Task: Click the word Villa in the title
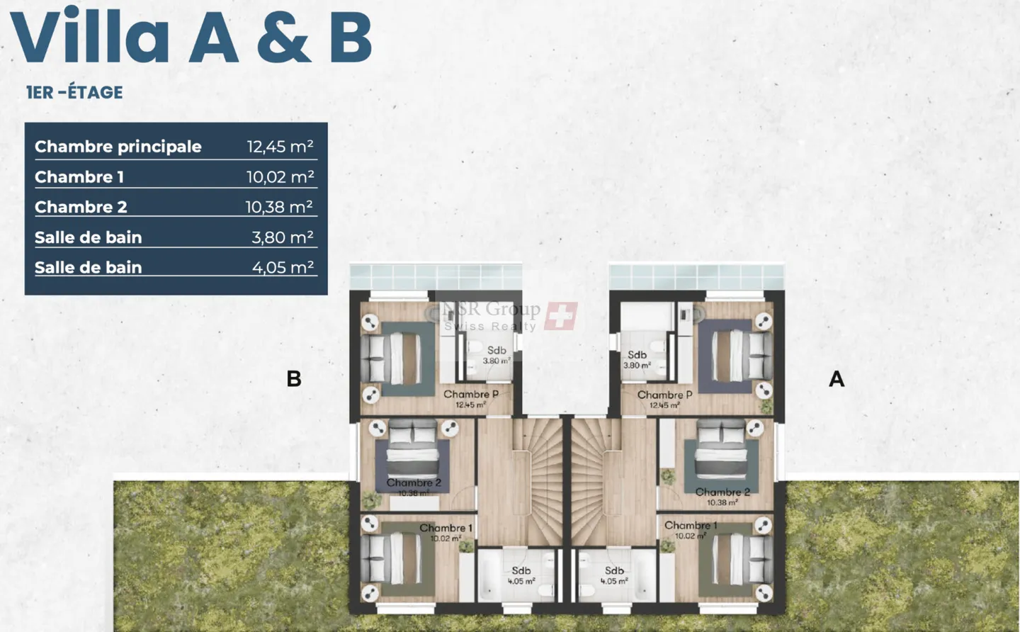pyautogui.click(x=90, y=37)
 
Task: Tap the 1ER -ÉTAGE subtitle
pyautogui.click(x=74, y=92)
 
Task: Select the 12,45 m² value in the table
pyautogui.click(x=280, y=147)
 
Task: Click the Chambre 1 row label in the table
pyautogui.click(x=79, y=177)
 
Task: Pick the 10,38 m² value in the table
pyautogui.click(x=279, y=207)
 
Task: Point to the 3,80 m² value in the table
pyautogui.click(x=282, y=237)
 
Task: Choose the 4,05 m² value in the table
pyautogui.click(x=283, y=267)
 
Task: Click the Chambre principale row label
pyautogui.click(x=118, y=147)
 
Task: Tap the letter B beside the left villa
pyautogui.click(x=294, y=379)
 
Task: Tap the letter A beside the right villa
pyautogui.click(x=837, y=379)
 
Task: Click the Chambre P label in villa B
pyautogui.click(x=471, y=395)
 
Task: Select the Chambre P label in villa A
pyautogui.click(x=664, y=395)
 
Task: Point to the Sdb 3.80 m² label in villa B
pyautogui.click(x=497, y=354)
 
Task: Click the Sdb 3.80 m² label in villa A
pyautogui.click(x=637, y=359)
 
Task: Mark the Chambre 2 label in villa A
pyautogui.click(x=722, y=492)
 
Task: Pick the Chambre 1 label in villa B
pyautogui.click(x=446, y=529)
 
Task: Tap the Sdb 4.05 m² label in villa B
pyautogui.click(x=521, y=575)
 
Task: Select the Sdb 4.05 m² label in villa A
pyautogui.click(x=614, y=575)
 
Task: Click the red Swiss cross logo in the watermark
pyautogui.click(x=561, y=316)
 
